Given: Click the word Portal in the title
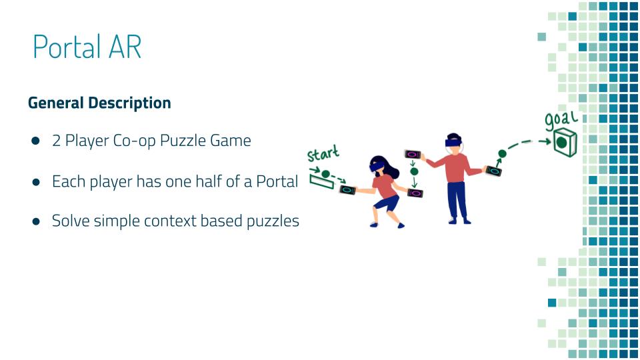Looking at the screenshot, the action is [x=67, y=47].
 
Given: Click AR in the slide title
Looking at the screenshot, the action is [x=125, y=47].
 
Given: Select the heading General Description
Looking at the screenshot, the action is [x=99, y=103].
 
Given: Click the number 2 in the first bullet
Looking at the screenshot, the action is [x=56, y=141].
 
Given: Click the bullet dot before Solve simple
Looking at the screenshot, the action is [x=36, y=221].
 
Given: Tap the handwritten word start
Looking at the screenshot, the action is [x=323, y=153].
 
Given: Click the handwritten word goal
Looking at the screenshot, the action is [x=561, y=120].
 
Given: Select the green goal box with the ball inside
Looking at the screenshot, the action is [x=565, y=142].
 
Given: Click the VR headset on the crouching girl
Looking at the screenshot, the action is [x=376, y=166].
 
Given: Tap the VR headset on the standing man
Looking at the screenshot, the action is [x=453, y=143].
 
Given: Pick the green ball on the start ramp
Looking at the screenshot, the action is [x=325, y=174].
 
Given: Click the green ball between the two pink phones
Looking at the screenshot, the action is [x=414, y=171].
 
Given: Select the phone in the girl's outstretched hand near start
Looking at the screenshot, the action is [x=348, y=190].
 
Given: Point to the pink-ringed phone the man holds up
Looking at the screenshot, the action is [x=412, y=155].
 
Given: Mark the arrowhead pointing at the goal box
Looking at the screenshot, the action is [x=546, y=141].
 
